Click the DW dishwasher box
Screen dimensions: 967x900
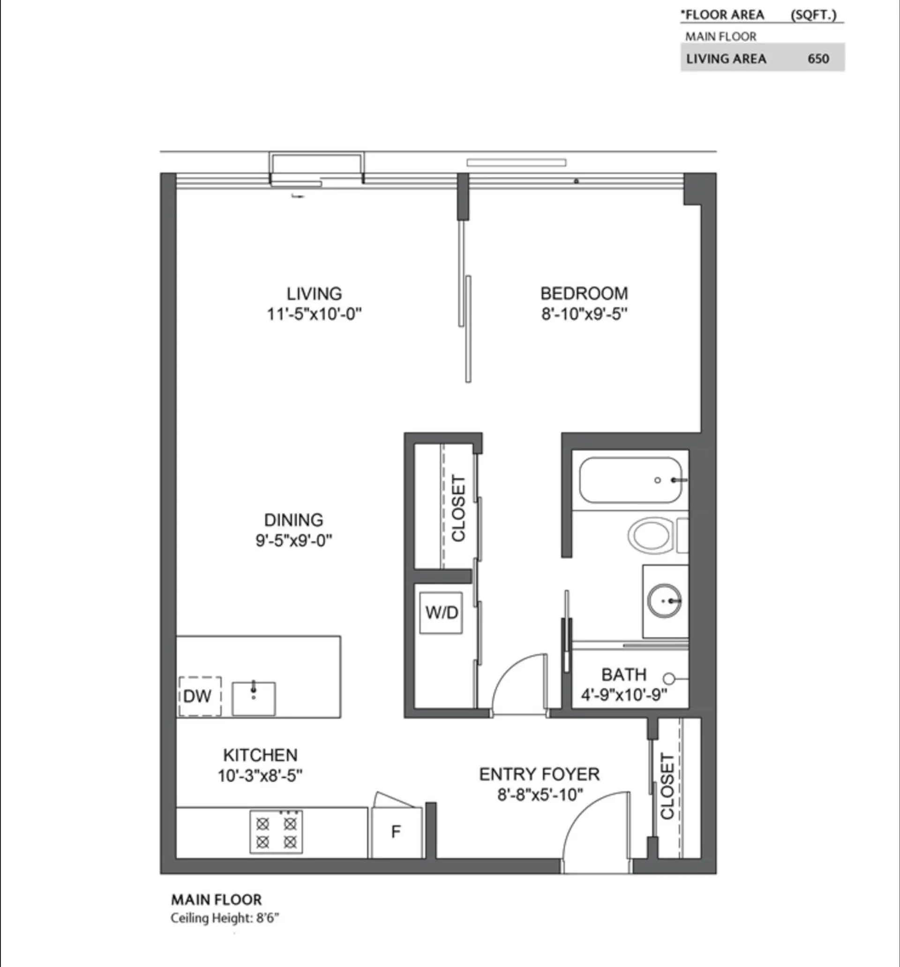point(200,696)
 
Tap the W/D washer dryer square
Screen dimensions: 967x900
point(441,612)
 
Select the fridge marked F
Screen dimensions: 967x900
point(396,832)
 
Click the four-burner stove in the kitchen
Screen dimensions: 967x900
point(276,832)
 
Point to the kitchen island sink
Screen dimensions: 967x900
point(253,699)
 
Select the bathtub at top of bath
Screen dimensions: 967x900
point(630,480)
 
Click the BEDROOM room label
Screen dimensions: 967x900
point(584,293)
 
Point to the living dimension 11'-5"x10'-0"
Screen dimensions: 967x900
point(314,314)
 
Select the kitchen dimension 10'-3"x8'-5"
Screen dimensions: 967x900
point(260,776)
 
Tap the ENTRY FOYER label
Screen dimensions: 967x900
point(539,774)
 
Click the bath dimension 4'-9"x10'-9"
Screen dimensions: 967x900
point(624,695)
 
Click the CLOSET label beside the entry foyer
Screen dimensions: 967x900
point(667,786)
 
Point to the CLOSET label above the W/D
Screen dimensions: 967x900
point(458,508)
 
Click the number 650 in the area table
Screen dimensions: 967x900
point(818,59)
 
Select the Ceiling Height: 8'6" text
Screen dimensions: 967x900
point(225,918)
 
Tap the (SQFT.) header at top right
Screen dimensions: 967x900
point(813,15)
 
